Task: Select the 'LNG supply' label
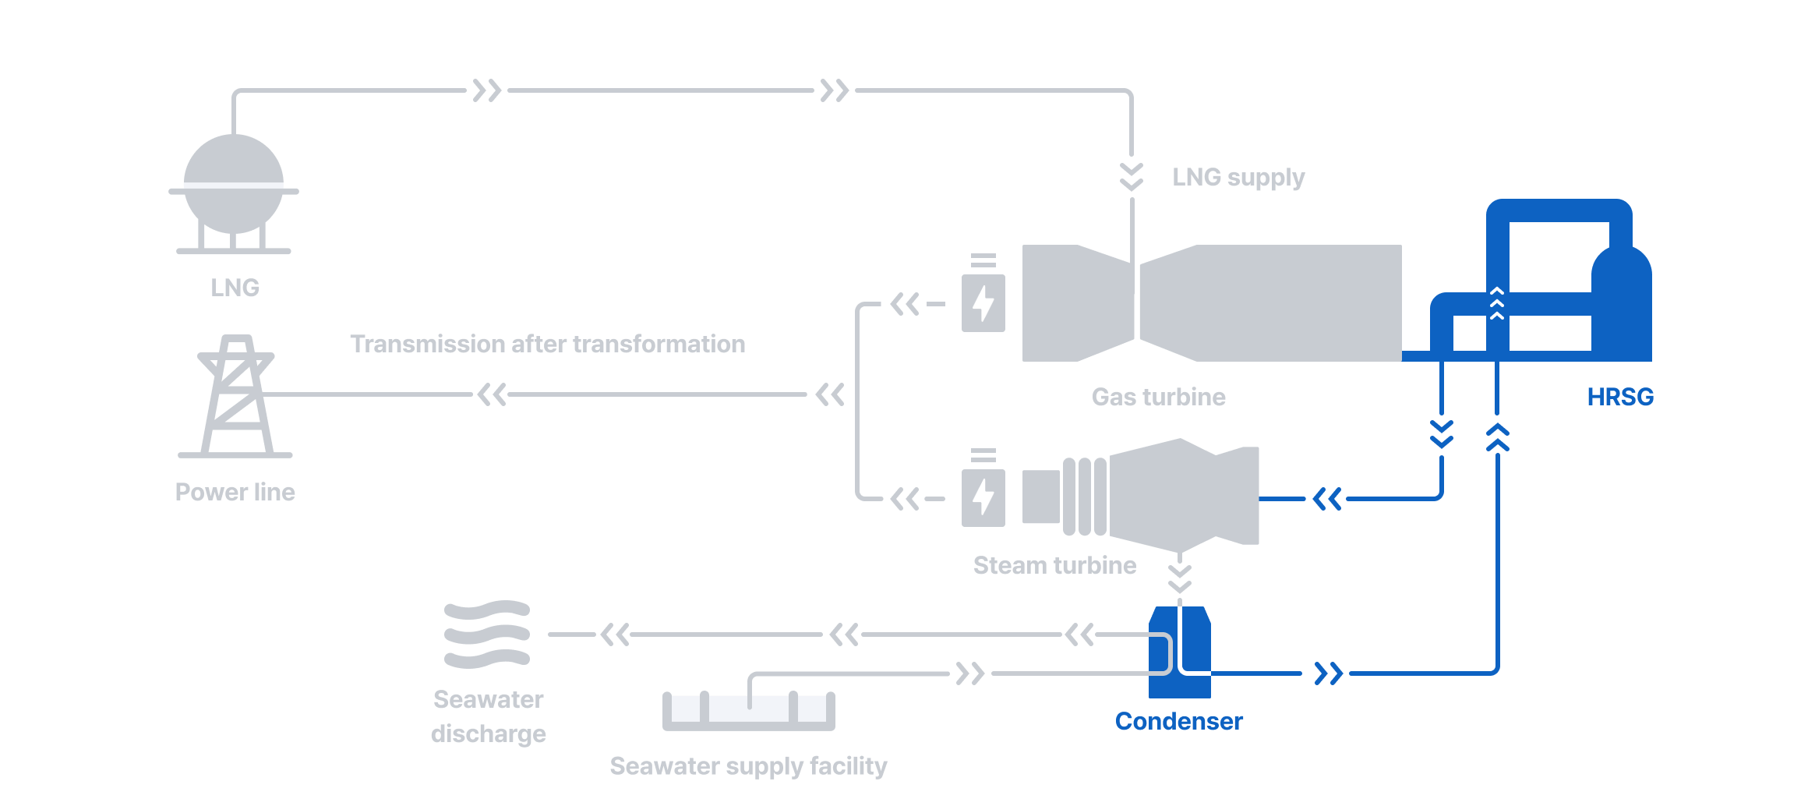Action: pyautogui.click(x=1238, y=178)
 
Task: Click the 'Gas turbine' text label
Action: pyautogui.click(x=1158, y=397)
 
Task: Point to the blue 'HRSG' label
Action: pyautogui.click(x=1619, y=397)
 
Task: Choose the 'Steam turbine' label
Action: pyautogui.click(x=1054, y=565)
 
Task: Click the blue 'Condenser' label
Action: pyautogui.click(x=1178, y=721)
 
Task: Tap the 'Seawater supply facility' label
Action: pyautogui.click(x=748, y=766)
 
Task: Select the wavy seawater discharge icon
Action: pyautogui.click(x=487, y=635)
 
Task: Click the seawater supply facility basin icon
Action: pyautogui.click(x=748, y=710)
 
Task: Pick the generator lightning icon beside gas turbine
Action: pyautogui.click(x=983, y=303)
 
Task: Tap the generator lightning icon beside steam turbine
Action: pyautogui.click(x=983, y=497)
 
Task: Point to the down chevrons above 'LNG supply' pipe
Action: pyautogui.click(x=1132, y=177)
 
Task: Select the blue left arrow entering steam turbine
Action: pyautogui.click(x=1326, y=499)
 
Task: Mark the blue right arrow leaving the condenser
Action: pyautogui.click(x=1328, y=673)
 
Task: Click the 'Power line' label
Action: pyautogui.click(x=235, y=492)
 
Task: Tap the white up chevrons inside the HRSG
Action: pyautogui.click(x=1496, y=303)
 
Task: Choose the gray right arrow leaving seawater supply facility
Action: pyautogui.click(x=970, y=673)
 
